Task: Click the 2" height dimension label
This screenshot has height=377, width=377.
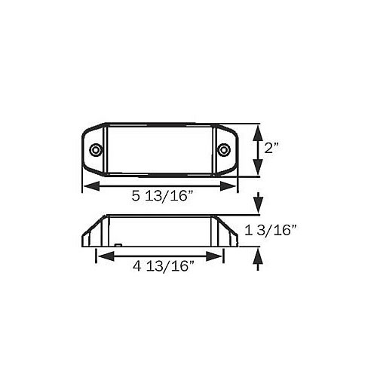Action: point(271,148)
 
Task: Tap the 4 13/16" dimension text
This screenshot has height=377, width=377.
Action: point(164,266)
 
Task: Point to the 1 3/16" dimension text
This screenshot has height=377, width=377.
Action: point(271,230)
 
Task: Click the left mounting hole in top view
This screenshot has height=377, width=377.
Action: point(96,150)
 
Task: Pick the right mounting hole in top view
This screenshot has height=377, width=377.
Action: point(223,150)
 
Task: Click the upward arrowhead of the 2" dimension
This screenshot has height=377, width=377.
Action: point(258,133)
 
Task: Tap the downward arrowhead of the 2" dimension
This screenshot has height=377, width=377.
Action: point(258,167)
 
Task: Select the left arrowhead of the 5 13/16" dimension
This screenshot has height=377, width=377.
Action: point(91,186)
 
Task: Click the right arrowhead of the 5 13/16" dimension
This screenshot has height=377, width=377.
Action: point(228,186)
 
